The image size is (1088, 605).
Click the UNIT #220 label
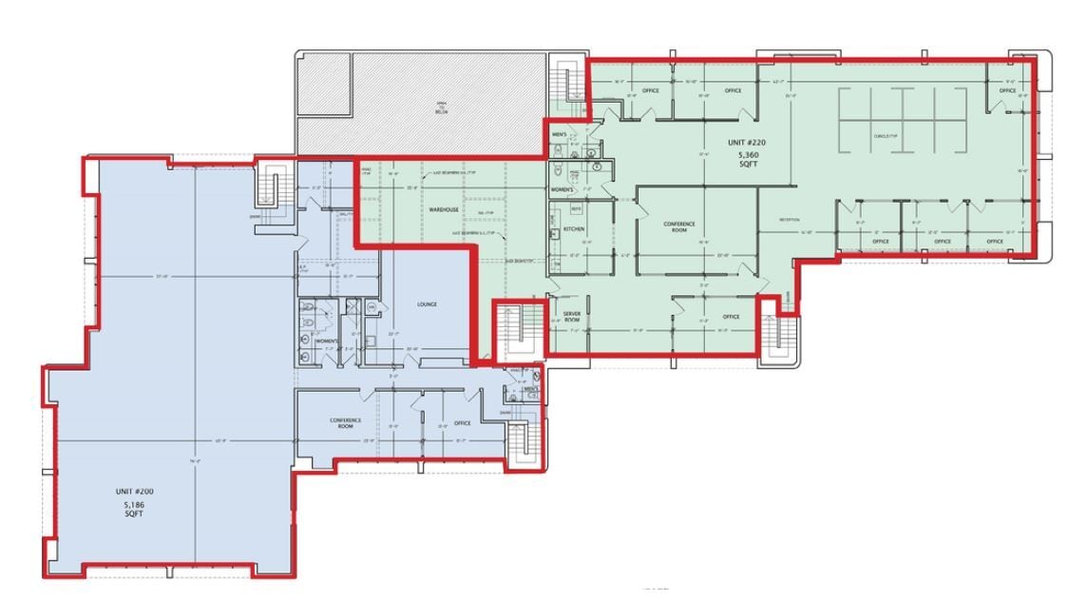pyautogui.click(x=746, y=143)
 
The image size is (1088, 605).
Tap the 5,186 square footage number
pyautogui.click(x=134, y=502)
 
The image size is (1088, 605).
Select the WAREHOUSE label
pyautogui.click(x=444, y=209)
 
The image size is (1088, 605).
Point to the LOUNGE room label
pyautogui.click(x=427, y=304)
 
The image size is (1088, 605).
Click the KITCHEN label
pyautogui.click(x=574, y=229)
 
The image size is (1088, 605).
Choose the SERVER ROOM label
pyautogui.click(x=571, y=317)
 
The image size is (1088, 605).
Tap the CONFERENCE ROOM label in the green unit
pyautogui.click(x=678, y=227)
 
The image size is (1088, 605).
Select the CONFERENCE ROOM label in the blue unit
pyautogui.click(x=344, y=423)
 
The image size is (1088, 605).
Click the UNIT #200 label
pyautogui.click(x=134, y=491)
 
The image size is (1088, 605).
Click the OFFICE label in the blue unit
pyautogui.click(x=463, y=423)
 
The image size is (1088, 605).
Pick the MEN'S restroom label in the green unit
pyautogui.click(x=560, y=135)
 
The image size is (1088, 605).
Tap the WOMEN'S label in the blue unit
pyautogui.click(x=326, y=341)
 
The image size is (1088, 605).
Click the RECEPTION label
pyautogui.click(x=790, y=220)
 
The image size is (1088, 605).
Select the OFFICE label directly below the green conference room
pyautogui.click(x=731, y=317)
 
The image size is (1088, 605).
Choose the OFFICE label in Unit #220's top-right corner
pyautogui.click(x=1007, y=91)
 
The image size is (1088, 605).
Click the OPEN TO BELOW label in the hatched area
pyautogui.click(x=441, y=107)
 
